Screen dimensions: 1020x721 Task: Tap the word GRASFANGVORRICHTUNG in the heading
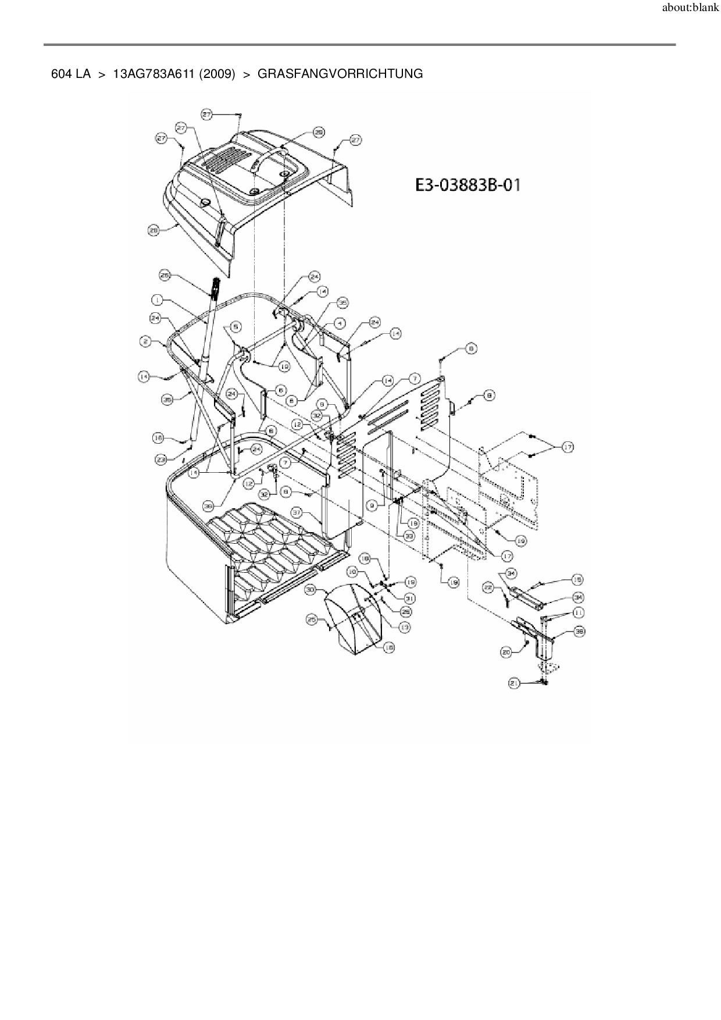pyautogui.click(x=340, y=74)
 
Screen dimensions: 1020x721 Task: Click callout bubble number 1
pyautogui.click(x=156, y=300)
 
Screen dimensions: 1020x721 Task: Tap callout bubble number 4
pyautogui.click(x=339, y=323)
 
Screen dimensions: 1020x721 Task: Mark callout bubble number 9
pyautogui.click(x=371, y=506)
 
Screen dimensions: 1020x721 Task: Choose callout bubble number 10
pyautogui.click(x=352, y=572)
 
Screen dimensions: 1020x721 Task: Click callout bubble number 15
pyautogui.click(x=577, y=580)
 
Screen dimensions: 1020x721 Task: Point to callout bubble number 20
pyautogui.click(x=506, y=652)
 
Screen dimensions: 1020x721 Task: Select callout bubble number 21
pyautogui.click(x=514, y=684)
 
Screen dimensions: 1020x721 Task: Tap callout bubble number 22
pyautogui.click(x=490, y=589)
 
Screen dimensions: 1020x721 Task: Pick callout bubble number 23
pyautogui.click(x=161, y=459)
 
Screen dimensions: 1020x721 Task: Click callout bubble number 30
pyautogui.click(x=310, y=590)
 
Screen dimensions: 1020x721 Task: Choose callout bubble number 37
pyautogui.click(x=297, y=513)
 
